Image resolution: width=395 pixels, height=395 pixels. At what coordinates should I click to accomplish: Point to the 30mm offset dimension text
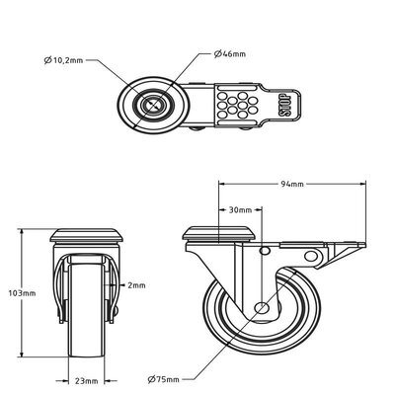[x=239, y=210]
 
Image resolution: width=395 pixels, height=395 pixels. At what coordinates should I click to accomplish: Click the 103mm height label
[x=21, y=294]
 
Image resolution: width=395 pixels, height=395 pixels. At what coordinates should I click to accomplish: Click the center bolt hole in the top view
[x=154, y=103]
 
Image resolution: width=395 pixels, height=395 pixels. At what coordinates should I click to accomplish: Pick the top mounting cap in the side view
[x=221, y=236]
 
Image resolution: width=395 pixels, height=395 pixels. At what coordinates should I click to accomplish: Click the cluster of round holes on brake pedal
[x=238, y=105]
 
